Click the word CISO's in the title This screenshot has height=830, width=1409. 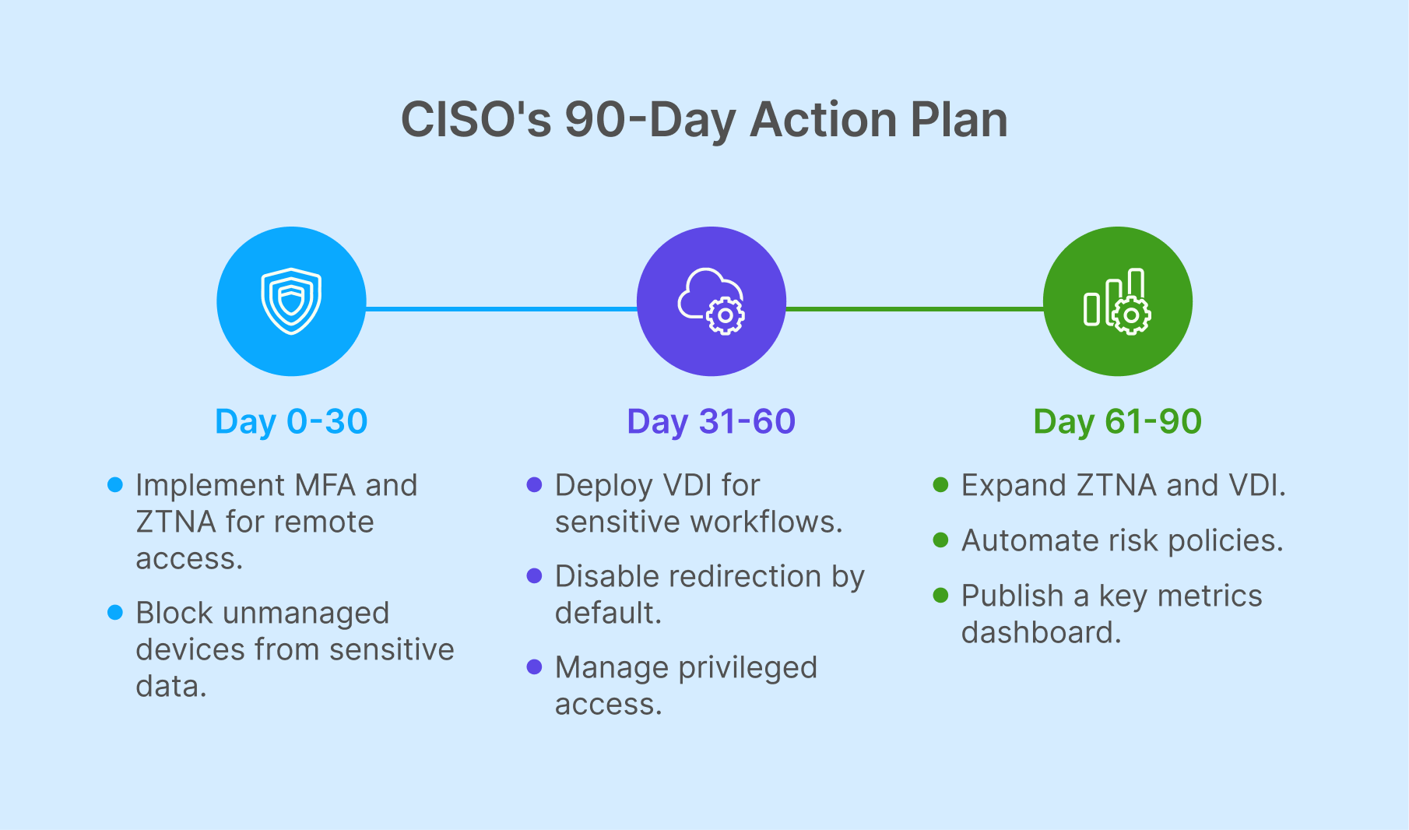(x=476, y=121)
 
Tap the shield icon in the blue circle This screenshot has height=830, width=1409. (x=291, y=301)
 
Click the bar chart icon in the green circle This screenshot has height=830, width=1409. (x=1117, y=301)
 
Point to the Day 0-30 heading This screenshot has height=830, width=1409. (x=291, y=421)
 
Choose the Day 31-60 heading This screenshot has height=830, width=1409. (x=711, y=421)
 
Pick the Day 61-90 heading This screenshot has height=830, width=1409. (x=1117, y=421)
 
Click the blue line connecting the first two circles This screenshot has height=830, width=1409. (x=501, y=309)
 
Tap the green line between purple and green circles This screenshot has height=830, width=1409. (x=915, y=309)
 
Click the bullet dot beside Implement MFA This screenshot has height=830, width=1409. (x=115, y=485)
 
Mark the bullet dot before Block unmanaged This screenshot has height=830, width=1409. (x=115, y=613)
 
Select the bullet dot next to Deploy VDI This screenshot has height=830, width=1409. (x=534, y=485)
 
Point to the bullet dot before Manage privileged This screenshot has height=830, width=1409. (x=534, y=667)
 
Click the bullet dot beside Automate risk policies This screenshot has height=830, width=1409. (x=940, y=540)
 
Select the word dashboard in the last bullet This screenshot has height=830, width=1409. (x=1041, y=633)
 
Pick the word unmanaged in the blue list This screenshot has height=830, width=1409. (x=305, y=614)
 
